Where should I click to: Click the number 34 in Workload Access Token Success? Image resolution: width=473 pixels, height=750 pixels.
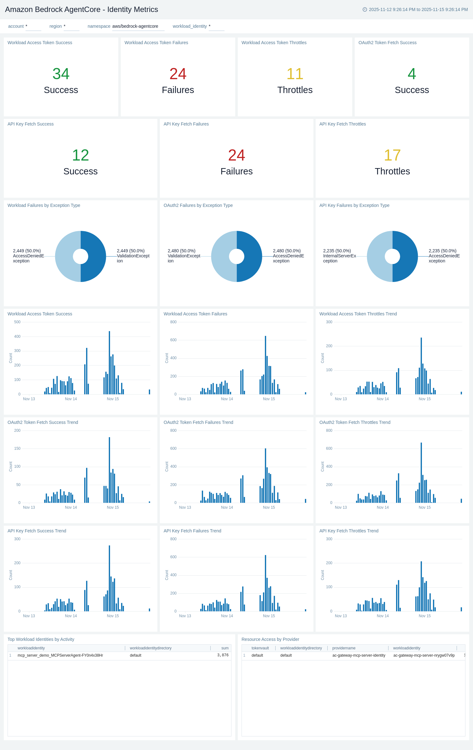(61, 74)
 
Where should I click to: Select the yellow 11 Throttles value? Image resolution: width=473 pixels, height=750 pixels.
(295, 74)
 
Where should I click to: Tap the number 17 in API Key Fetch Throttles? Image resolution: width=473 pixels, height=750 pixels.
(392, 155)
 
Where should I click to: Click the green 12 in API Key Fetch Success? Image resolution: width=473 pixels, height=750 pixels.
(80, 155)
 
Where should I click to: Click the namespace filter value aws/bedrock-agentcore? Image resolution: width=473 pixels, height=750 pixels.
(135, 26)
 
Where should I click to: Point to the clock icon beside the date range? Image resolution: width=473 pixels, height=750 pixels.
(365, 9)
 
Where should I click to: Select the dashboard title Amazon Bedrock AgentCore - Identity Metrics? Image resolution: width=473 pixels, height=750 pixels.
(81, 9)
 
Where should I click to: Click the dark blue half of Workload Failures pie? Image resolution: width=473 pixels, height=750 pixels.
(95, 256)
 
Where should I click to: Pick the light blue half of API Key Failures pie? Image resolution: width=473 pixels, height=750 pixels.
(378, 256)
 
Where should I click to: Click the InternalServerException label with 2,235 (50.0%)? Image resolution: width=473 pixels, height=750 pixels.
(339, 256)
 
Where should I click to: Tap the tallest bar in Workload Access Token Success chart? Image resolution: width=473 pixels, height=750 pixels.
(109, 363)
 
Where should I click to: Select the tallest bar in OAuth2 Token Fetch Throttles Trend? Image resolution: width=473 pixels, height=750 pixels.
(421, 472)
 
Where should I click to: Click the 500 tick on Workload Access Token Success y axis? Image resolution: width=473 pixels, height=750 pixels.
(17, 322)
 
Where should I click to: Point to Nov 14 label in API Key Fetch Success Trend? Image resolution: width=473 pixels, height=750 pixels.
(71, 616)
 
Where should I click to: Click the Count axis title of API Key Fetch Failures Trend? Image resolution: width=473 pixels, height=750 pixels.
(167, 575)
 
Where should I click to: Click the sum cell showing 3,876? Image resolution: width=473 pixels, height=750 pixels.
(223, 655)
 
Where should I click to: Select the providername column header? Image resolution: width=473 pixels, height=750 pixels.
(344, 648)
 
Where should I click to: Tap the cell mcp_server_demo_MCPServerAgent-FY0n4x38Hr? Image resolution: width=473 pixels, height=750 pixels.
(60, 655)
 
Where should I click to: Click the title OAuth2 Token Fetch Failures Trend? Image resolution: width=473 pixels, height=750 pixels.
(198, 422)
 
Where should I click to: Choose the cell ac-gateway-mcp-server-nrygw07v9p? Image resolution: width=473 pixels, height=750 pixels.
(424, 655)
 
